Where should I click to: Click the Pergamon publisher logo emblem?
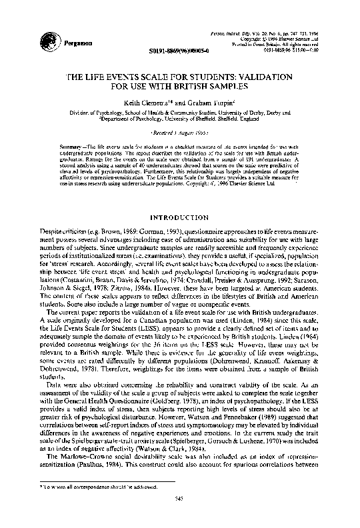pos(49,40)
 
